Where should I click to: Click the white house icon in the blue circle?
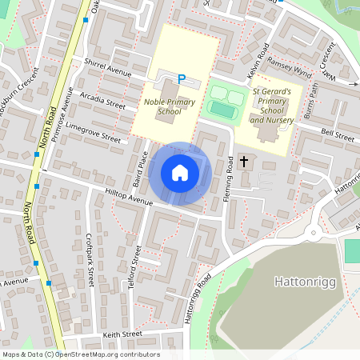[180, 172]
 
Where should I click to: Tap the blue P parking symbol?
[182, 79]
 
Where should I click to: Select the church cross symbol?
[243, 162]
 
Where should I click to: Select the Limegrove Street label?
[94, 133]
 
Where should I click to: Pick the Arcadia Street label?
[103, 100]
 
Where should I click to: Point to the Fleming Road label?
[229, 178]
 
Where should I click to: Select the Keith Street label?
[122, 334]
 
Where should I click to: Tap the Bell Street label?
[337, 134]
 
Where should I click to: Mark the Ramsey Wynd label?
[290, 70]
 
